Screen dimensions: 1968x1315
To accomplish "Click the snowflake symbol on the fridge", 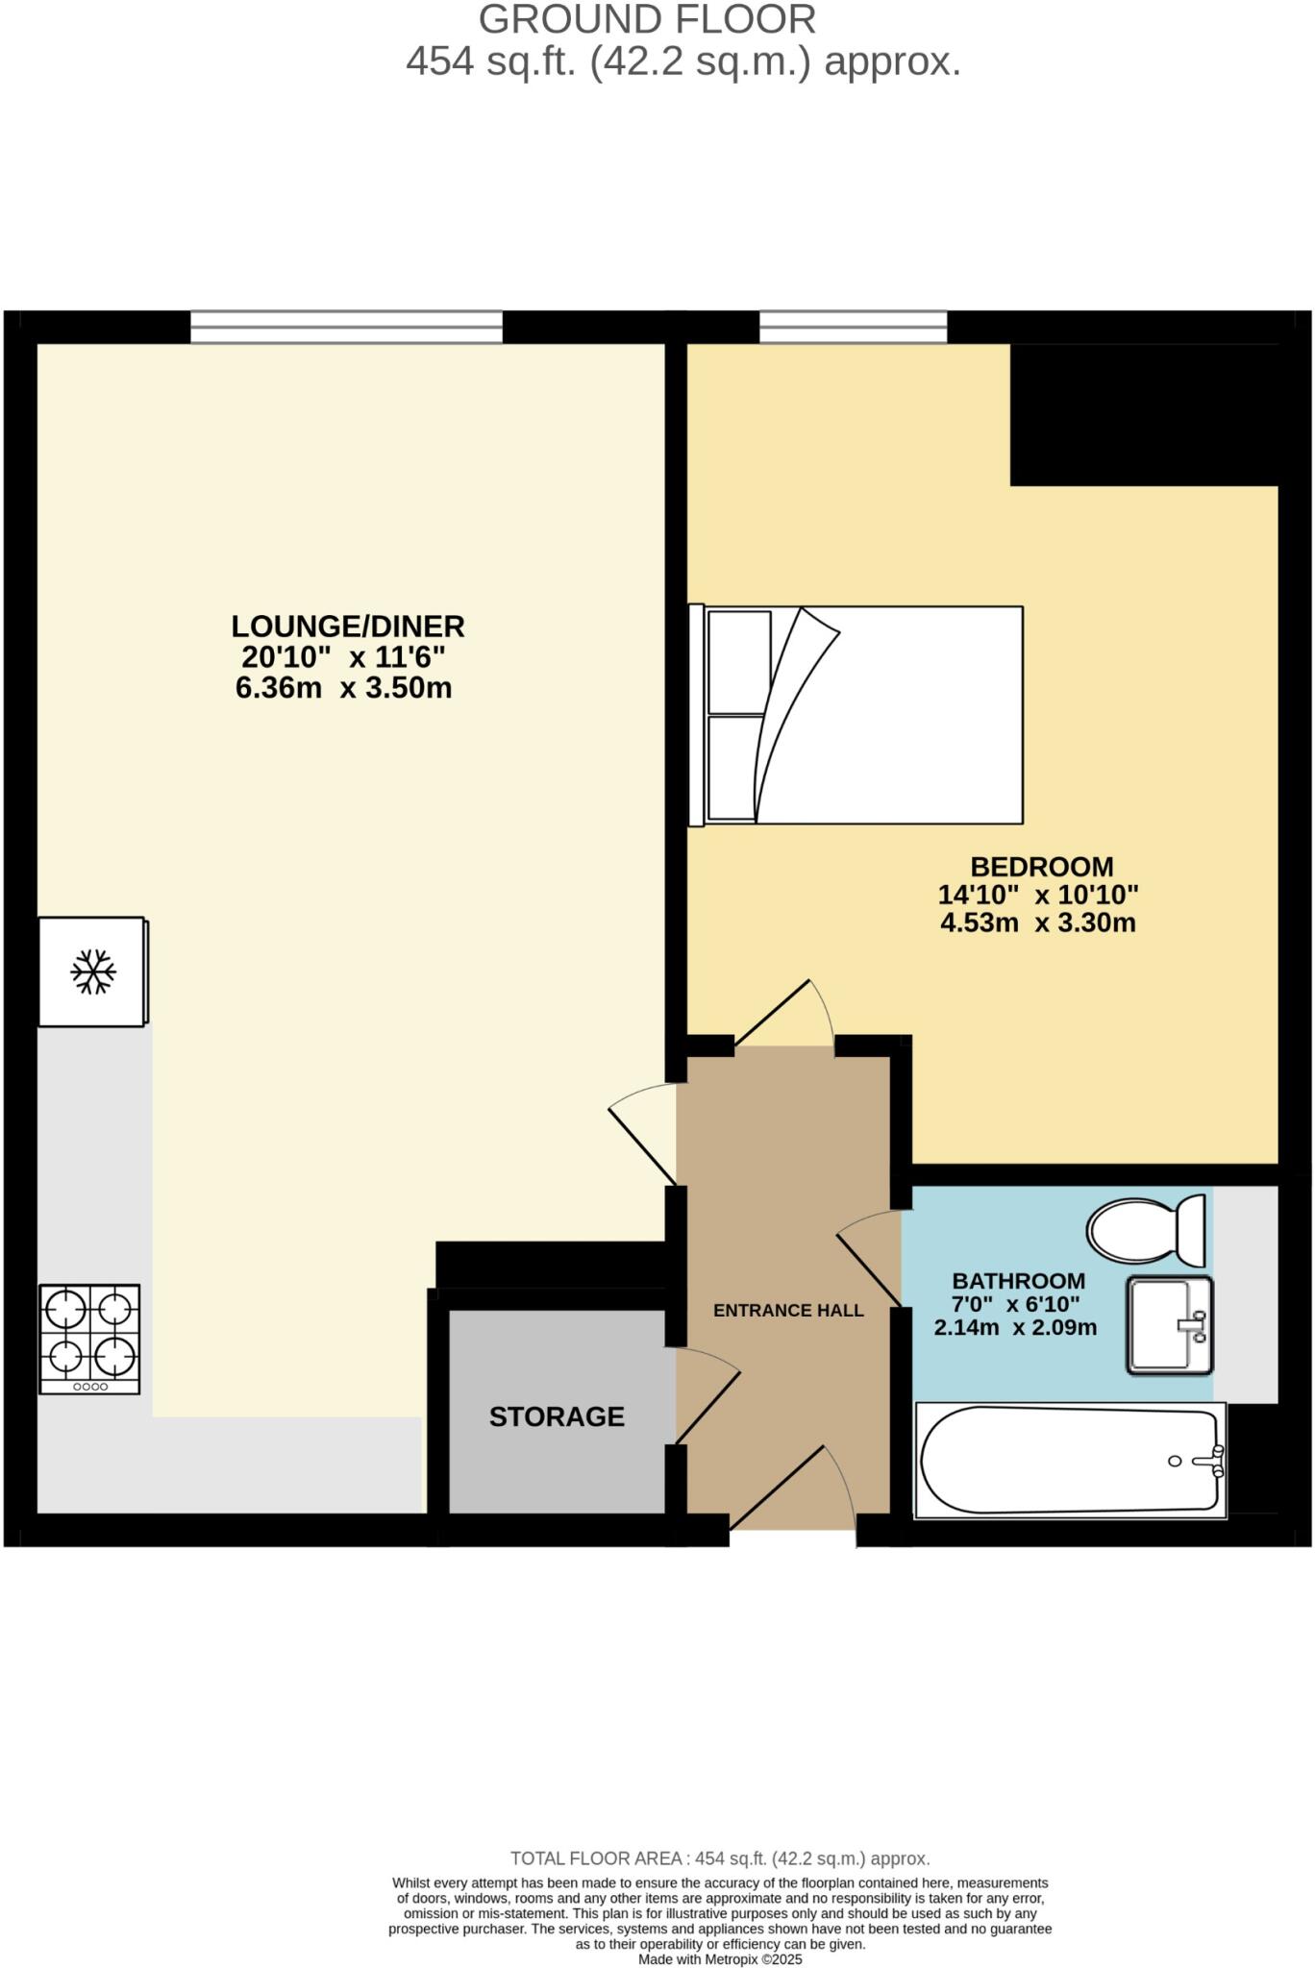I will click(93, 972).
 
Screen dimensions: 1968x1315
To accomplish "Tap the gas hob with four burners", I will click(89, 1339).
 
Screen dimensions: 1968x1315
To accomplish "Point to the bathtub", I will click(1070, 1460).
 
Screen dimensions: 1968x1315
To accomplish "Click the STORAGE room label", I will click(557, 1416).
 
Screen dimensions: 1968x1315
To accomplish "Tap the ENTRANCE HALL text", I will click(788, 1311).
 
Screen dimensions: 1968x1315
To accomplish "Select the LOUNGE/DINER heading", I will click(348, 627).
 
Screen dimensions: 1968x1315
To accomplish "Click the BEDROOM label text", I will click(1041, 867).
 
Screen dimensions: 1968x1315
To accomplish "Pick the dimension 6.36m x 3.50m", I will click(344, 688).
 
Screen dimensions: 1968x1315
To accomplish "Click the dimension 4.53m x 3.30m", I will click(1038, 923).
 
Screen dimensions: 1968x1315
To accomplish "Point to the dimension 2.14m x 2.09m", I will click(1015, 1328).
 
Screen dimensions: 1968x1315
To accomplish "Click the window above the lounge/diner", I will click(346, 327).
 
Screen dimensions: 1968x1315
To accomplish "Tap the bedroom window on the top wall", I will click(853, 327).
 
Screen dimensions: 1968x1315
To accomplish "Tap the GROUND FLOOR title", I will click(647, 19).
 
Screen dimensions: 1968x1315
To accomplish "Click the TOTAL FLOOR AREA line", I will click(720, 1858).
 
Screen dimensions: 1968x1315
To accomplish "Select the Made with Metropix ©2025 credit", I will click(720, 1959).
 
